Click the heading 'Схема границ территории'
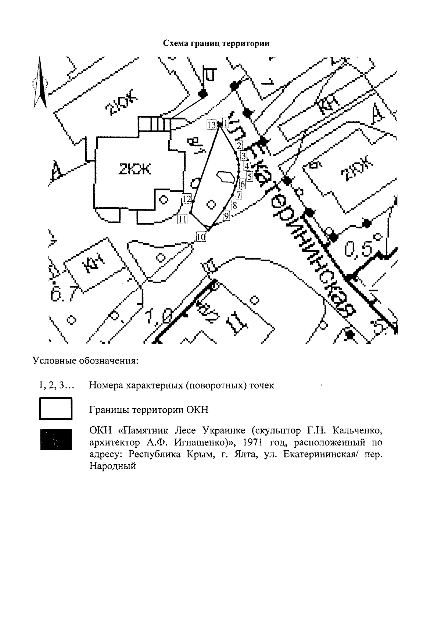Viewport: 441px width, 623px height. (216, 44)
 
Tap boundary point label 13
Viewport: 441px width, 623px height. (211, 125)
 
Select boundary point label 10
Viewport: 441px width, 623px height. (201, 237)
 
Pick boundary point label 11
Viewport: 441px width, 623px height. (182, 219)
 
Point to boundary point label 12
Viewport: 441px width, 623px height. (187, 199)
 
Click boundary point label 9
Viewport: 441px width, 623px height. (226, 216)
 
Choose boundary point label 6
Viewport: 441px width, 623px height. (242, 184)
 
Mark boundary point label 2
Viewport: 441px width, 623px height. (239, 145)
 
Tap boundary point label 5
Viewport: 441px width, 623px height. (250, 177)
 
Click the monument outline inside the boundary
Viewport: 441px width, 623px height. (225, 178)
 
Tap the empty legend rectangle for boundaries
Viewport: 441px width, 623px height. (56, 409)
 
